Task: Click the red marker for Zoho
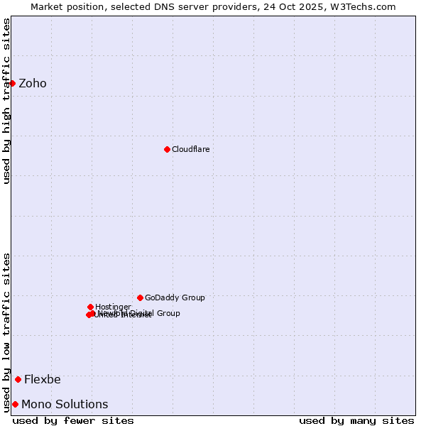12,83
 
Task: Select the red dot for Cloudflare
167,149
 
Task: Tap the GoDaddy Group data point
140,297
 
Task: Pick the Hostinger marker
90,307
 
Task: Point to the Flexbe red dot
18,379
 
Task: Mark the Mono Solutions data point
15,404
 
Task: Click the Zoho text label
33,84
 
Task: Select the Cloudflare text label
190,150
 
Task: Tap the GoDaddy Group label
175,298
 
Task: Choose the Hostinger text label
113,307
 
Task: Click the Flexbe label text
43,380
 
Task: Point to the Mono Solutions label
65,405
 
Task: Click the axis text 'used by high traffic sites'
7,101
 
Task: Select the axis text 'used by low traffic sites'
7,332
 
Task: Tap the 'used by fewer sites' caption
73,420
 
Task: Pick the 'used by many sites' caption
356,420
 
